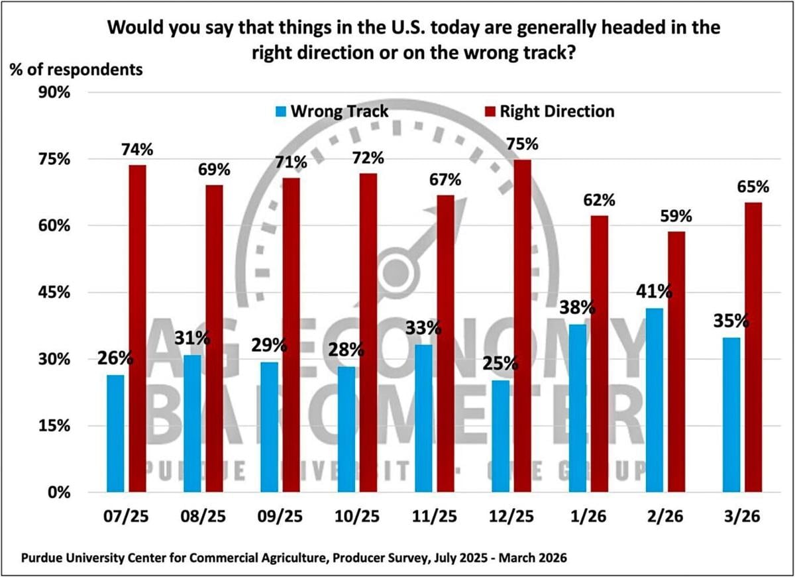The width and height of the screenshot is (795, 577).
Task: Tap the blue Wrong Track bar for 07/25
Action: pyautogui.click(x=115, y=433)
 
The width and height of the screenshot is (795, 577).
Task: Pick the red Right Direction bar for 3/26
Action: pyautogui.click(x=753, y=347)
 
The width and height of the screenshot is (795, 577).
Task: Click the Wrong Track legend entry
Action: pyautogui.click(x=332, y=111)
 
